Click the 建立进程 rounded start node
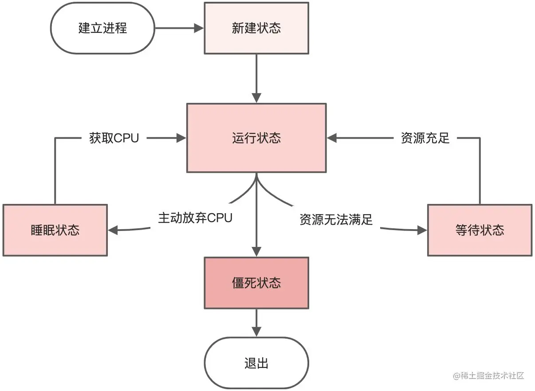[x=103, y=28]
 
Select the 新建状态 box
[x=256, y=28]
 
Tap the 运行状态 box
[x=256, y=138]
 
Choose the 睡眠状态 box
[x=55, y=230]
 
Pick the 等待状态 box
[x=480, y=230]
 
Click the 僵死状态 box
[x=256, y=283]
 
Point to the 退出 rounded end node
[x=256, y=363]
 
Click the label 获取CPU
[x=114, y=138]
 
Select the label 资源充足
[x=425, y=138]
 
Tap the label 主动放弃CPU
[x=195, y=218]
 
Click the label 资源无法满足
[x=336, y=219]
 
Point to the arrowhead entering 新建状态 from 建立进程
[x=199, y=28]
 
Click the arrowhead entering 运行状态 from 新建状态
[x=256, y=98]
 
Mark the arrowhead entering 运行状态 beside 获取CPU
[x=181, y=138]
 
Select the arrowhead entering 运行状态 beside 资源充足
[x=332, y=138]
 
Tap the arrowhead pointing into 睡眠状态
[x=113, y=230]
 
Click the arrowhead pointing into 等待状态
[x=422, y=230]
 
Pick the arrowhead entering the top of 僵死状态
[x=256, y=252]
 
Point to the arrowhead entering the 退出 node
[x=256, y=332]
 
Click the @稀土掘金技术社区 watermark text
[x=488, y=375]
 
